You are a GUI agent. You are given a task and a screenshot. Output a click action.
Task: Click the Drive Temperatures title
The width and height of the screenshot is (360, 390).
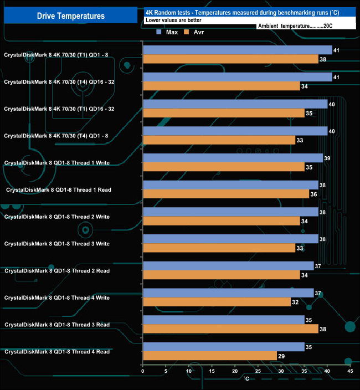(70, 16)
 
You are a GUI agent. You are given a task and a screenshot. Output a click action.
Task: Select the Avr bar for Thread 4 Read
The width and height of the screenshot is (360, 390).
(210, 356)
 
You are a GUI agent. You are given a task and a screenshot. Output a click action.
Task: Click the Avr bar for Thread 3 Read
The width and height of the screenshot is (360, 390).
(230, 329)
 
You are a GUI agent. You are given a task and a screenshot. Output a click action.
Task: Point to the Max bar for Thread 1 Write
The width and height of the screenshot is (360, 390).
(233, 158)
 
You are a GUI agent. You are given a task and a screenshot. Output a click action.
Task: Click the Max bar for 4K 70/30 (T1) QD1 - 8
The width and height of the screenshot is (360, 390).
(238, 50)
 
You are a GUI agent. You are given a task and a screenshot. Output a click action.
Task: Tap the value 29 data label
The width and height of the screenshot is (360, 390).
(282, 356)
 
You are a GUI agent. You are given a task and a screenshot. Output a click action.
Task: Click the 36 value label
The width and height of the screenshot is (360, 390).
(314, 194)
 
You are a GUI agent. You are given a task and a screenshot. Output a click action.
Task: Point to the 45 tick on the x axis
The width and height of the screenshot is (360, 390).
(349, 371)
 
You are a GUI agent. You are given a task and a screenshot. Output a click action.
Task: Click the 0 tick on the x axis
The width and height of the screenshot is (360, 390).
(143, 371)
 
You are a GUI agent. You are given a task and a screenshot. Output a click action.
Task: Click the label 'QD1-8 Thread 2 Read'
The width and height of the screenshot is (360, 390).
(57, 271)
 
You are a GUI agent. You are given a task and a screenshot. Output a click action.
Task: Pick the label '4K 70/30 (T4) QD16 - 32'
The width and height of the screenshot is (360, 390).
(59, 81)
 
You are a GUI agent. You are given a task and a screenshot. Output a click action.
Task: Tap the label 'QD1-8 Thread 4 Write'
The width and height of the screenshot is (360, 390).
(57, 297)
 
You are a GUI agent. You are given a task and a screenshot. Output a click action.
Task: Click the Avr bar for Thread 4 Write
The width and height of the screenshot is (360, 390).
(217, 302)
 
